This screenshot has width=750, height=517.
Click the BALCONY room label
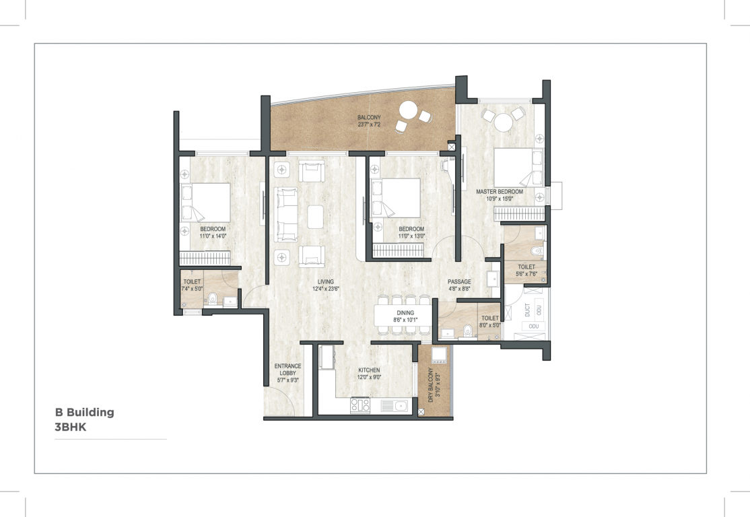point(369,118)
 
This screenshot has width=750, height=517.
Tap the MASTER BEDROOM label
point(500,192)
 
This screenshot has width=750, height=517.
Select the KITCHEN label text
point(369,370)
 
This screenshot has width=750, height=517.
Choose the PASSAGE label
point(459,281)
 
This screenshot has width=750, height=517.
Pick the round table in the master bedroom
point(503,123)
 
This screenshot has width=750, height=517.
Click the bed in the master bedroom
point(518,168)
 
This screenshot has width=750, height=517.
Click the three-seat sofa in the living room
point(285,215)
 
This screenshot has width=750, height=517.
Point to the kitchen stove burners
point(360,405)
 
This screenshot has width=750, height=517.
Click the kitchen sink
point(399,405)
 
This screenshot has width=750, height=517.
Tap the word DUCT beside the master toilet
point(527,310)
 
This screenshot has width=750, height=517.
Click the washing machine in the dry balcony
point(440,354)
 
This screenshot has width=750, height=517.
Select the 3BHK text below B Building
point(71,426)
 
